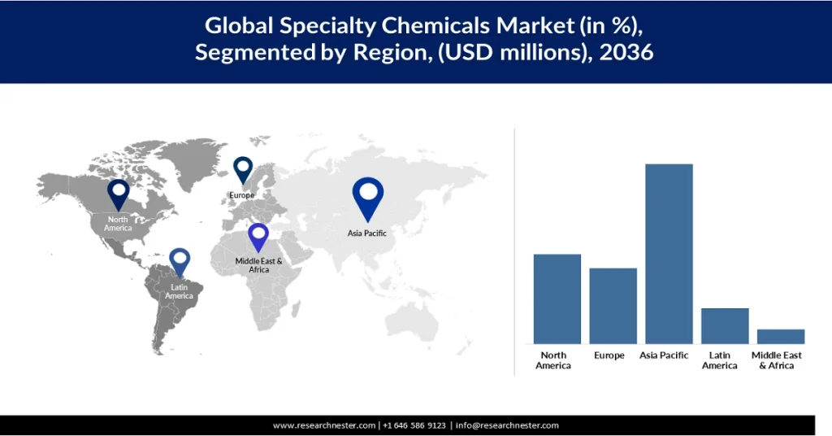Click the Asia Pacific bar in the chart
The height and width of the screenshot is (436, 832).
tap(669, 254)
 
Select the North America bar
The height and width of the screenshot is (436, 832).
tap(557, 299)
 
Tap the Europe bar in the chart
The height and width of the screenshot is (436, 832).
tap(613, 306)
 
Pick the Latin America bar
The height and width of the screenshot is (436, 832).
tap(725, 326)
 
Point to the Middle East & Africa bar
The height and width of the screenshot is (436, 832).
tap(781, 337)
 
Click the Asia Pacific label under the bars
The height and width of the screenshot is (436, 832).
tap(664, 355)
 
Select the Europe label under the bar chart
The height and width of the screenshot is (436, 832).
tap(609, 355)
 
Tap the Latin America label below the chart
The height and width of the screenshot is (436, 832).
tap(720, 360)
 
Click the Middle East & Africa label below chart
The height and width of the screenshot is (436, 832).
tap(776, 360)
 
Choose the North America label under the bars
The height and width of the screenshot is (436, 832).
tap(552, 360)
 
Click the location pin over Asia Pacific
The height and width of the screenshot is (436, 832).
tap(368, 198)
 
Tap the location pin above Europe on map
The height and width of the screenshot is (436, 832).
tap(243, 170)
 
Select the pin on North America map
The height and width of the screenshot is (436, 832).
tap(119, 194)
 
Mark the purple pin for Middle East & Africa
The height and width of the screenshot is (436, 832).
tap(258, 237)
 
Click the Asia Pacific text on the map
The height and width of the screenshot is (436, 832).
tap(367, 233)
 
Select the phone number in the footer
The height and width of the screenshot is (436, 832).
tap(414, 425)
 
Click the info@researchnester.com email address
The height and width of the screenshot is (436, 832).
tap(507, 425)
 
